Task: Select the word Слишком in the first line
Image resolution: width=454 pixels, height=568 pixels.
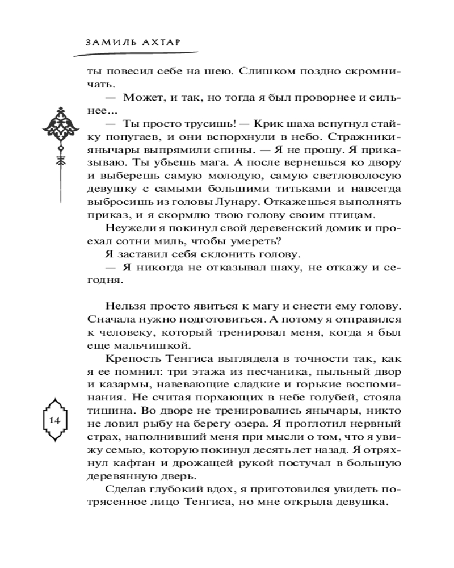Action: (262, 72)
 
